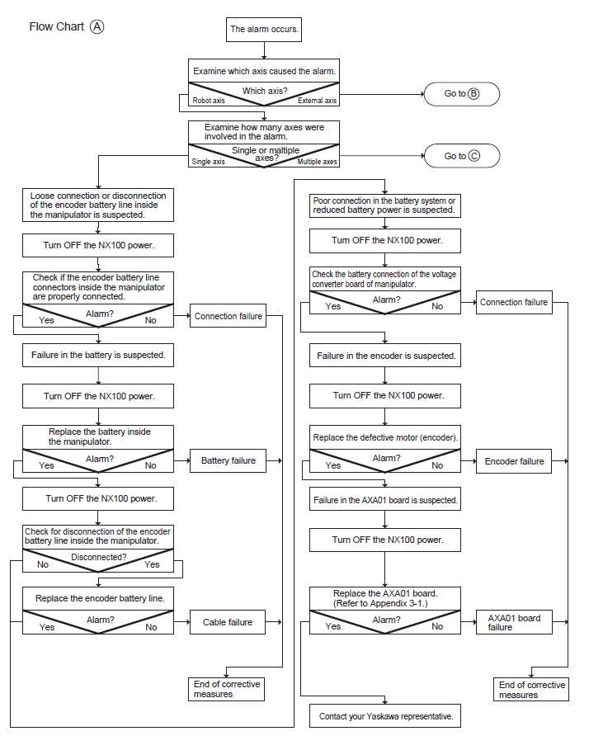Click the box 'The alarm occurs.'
point(264,30)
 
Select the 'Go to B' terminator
point(462,94)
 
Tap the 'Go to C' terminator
point(462,156)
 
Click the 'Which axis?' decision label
point(265,91)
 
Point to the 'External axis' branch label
point(317,101)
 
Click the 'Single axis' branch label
point(209,162)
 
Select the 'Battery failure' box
point(228,460)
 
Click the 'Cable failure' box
point(228,622)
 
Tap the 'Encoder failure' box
point(514,461)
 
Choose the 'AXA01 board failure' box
point(514,622)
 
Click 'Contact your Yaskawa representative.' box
point(385,716)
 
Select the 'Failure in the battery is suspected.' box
point(98,355)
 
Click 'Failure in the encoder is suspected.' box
point(385,356)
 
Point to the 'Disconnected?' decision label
point(99,557)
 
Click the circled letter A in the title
point(97,26)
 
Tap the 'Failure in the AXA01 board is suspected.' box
point(385,500)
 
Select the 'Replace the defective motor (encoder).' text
point(385,437)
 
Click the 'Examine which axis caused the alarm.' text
point(264,71)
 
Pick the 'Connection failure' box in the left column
point(228,316)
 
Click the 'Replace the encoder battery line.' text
point(100,598)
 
